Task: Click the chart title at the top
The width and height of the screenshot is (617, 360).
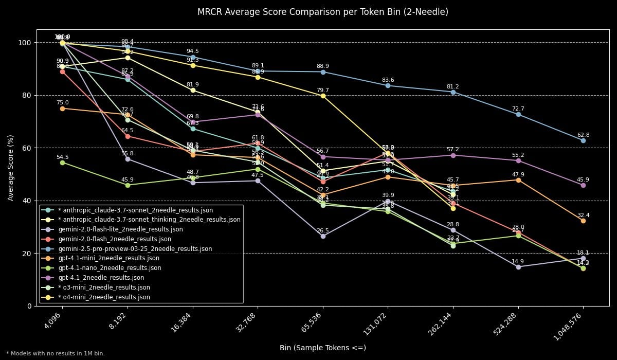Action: click(x=322, y=12)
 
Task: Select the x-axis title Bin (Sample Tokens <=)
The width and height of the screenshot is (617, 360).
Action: click(x=322, y=348)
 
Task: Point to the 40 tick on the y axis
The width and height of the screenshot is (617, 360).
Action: click(x=27, y=201)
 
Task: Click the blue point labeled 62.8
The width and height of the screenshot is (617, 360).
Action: click(x=583, y=140)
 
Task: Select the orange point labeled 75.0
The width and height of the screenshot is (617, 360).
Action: click(x=62, y=109)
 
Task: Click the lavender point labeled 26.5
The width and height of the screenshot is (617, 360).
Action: click(x=323, y=236)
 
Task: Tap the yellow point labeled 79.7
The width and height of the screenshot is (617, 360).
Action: click(x=323, y=96)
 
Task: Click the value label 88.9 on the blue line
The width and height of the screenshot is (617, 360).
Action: click(x=323, y=66)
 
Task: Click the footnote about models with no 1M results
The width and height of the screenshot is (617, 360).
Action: click(x=56, y=354)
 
